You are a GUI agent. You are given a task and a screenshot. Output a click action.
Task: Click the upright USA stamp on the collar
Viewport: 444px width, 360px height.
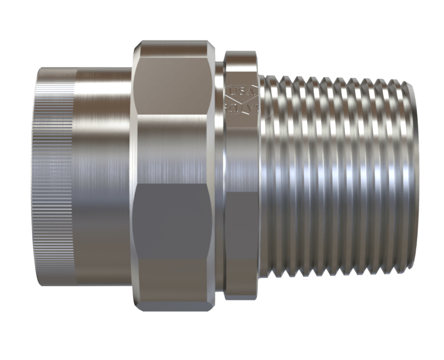click(241, 90)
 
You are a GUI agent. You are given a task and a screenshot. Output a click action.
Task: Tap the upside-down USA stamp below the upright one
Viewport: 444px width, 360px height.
click(241, 107)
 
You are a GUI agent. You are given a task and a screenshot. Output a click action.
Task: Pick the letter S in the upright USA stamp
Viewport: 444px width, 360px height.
click(241, 90)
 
